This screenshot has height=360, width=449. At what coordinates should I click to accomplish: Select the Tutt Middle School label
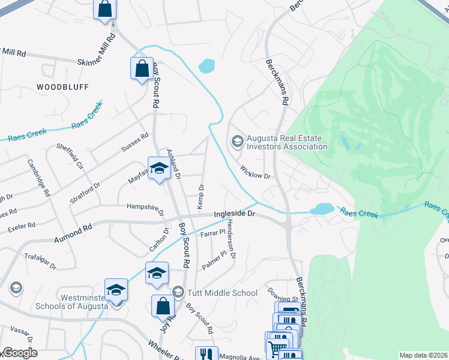point(223,293)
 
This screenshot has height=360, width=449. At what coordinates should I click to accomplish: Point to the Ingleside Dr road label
point(235,214)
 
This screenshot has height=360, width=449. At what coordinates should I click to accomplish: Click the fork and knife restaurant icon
point(206,355)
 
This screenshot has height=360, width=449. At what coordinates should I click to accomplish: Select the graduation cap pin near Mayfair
point(159,169)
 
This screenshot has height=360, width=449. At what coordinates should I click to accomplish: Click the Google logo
point(19,353)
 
